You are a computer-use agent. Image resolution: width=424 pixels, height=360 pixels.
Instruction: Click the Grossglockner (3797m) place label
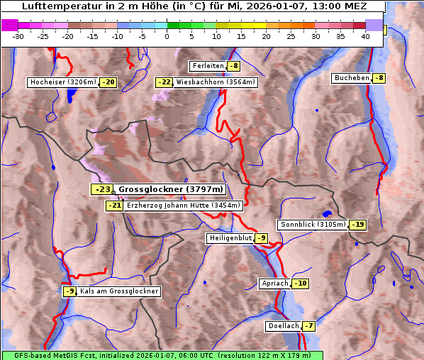coord(171,189)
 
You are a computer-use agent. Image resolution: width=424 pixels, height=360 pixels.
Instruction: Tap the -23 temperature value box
coord(101,189)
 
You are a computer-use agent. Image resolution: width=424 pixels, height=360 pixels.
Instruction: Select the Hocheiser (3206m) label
coord(62,82)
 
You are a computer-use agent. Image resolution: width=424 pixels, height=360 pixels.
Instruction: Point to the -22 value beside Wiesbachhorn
coord(164,82)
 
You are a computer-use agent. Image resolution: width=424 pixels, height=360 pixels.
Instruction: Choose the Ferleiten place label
coord(207,66)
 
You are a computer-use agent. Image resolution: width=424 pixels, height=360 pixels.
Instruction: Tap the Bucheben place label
coord(352,77)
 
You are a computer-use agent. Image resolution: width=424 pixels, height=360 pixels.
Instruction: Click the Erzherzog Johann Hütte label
coord(184,206)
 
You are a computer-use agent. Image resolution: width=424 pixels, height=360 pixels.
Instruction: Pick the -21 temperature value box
coord(114,206)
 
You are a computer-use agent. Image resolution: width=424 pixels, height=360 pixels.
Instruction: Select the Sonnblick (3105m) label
coord(313,225)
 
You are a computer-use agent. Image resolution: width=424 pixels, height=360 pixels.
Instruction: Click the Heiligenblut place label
coord(230,238)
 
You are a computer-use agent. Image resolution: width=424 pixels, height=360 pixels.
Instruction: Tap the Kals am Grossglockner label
coord(119,291)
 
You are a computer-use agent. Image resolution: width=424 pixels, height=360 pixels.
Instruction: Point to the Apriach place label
coord(275,283)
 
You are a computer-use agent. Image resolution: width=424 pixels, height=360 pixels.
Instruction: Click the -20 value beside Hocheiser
coord(108,82)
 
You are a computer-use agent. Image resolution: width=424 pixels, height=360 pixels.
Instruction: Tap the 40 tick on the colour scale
coord(365,35)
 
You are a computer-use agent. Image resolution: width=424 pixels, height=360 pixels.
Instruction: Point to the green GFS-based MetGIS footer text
coord(162,355)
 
